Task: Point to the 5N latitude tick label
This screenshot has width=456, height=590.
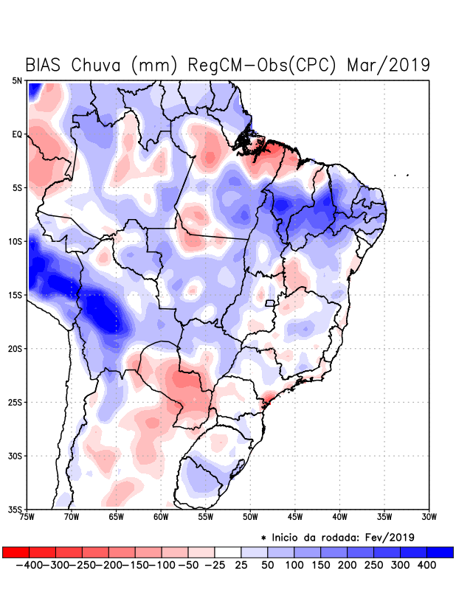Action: [x=16, y=80]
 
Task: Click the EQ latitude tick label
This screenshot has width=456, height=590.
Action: [x=16, y=134]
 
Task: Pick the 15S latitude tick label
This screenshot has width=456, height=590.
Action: [x=15, y=295]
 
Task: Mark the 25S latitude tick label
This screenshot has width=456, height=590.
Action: [x=15, y=402]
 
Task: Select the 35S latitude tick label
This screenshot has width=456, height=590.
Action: [x=15, y=509]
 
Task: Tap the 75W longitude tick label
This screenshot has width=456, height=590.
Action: [x=28, y=516]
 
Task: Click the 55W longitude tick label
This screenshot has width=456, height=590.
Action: [x=207, y=516]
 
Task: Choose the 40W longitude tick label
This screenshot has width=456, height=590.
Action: [x=340, y=516]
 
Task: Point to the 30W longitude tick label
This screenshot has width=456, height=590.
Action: [x=429, y=516]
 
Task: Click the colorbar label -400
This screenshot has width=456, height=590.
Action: [x=29, y=565]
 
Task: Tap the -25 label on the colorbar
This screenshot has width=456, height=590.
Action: [x=215, y=565]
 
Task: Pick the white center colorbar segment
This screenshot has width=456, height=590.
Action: [x=228, y=552]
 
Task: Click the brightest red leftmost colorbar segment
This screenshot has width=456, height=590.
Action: [x=15, y=552]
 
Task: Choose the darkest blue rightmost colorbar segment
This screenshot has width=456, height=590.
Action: [x=441, y=552]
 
